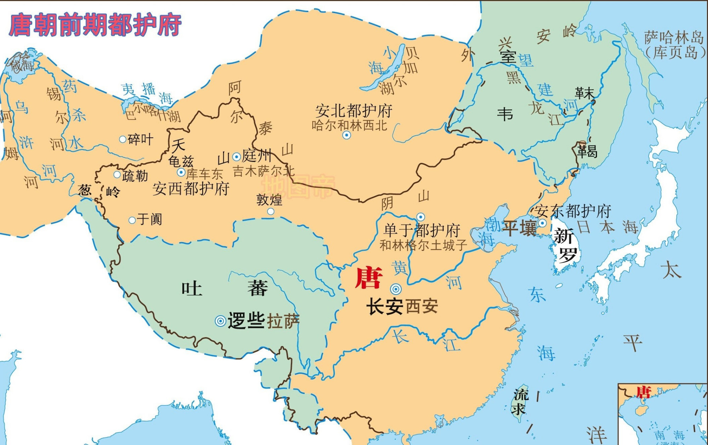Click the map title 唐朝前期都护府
95,25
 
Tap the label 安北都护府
354,111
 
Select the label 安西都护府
191,188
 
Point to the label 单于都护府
422,230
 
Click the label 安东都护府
572,211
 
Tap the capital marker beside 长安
396,289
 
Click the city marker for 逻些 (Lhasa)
220,321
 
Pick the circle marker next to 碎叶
122,139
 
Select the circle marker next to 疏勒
117,175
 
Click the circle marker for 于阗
132,220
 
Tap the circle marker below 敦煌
270,212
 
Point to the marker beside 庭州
236,156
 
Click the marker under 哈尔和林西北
347,135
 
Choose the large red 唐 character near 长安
369,278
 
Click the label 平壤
520,228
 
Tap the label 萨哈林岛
674,37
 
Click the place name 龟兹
181,161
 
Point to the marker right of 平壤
542,223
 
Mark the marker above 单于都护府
421,217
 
